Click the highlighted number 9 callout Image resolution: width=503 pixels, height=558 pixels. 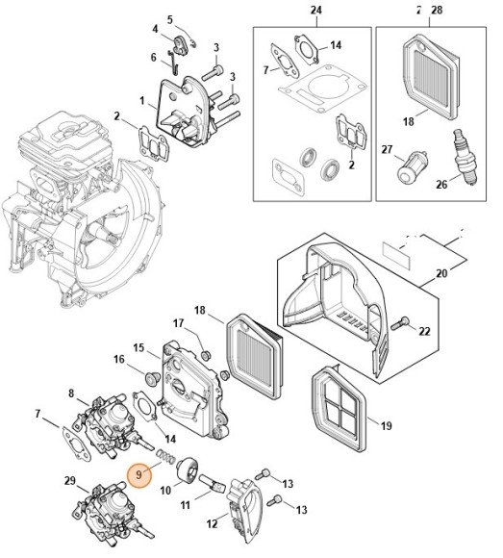pos(139,474)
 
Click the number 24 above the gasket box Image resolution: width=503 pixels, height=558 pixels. pos(315,10)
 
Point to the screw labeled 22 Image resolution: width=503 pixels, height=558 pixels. pos(400,322)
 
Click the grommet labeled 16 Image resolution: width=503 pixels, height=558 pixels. pos(151,377)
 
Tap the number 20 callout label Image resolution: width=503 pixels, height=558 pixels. pos(441,273)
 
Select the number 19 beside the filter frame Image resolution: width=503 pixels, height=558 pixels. pos(386,425)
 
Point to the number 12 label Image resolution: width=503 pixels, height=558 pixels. pos(212,523)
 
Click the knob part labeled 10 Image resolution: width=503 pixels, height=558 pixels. pos(189,470)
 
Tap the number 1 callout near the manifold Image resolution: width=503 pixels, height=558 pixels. pos(142,101)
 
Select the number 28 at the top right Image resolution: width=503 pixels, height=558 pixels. pos(437,10)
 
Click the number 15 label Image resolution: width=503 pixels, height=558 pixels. pos(138,347)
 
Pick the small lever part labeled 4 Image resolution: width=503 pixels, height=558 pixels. pos(181,45)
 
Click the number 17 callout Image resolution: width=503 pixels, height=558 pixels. pos(178,323)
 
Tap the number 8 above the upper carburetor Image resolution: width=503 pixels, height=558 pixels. pos(71,393)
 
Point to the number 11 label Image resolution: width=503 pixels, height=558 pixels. pos(185,505)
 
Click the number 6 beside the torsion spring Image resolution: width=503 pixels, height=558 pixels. pos(153,57)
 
